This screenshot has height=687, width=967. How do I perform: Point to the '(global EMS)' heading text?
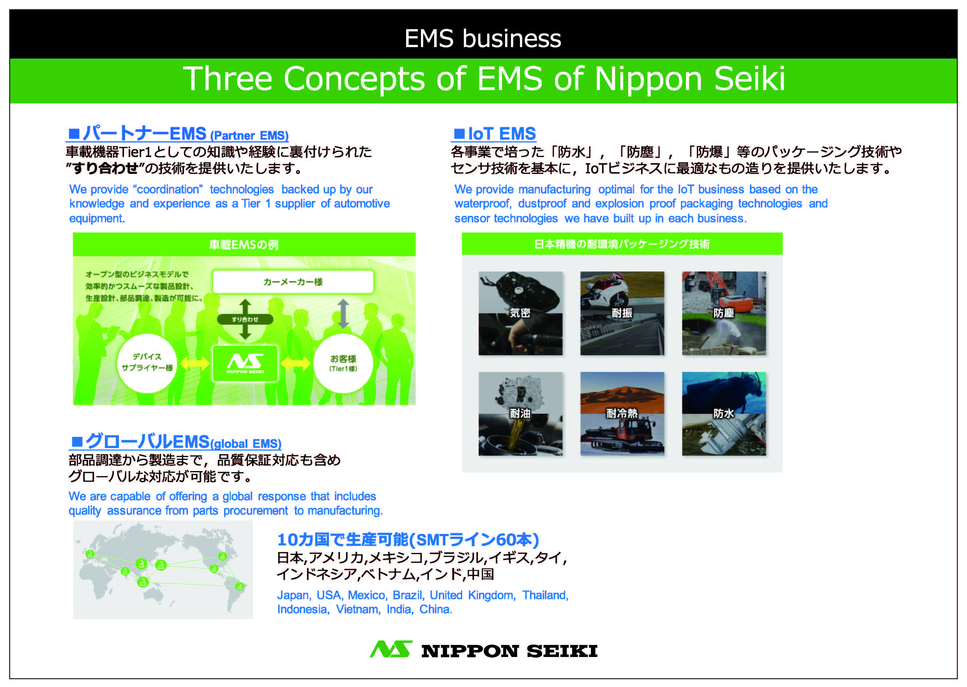click(246, 443)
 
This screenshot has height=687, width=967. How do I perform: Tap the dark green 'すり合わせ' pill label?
click(245, 319)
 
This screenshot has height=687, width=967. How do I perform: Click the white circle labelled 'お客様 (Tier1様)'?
click(343, 363)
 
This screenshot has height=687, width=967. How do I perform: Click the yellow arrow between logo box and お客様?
click(296, 363)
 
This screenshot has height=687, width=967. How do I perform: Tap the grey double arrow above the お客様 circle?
click(343, 314)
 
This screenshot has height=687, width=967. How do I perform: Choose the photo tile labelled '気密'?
click(520, 313)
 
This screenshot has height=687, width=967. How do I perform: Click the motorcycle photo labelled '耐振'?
click(622, 313)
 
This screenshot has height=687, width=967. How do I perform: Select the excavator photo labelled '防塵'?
click(724, 313)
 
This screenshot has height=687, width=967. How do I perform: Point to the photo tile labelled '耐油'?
click(520, 413)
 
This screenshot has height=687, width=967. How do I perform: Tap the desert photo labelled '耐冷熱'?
click(622, 413)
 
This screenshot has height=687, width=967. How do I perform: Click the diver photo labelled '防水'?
click(724, 413)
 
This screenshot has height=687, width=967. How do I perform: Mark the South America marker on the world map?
click(240, 586)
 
